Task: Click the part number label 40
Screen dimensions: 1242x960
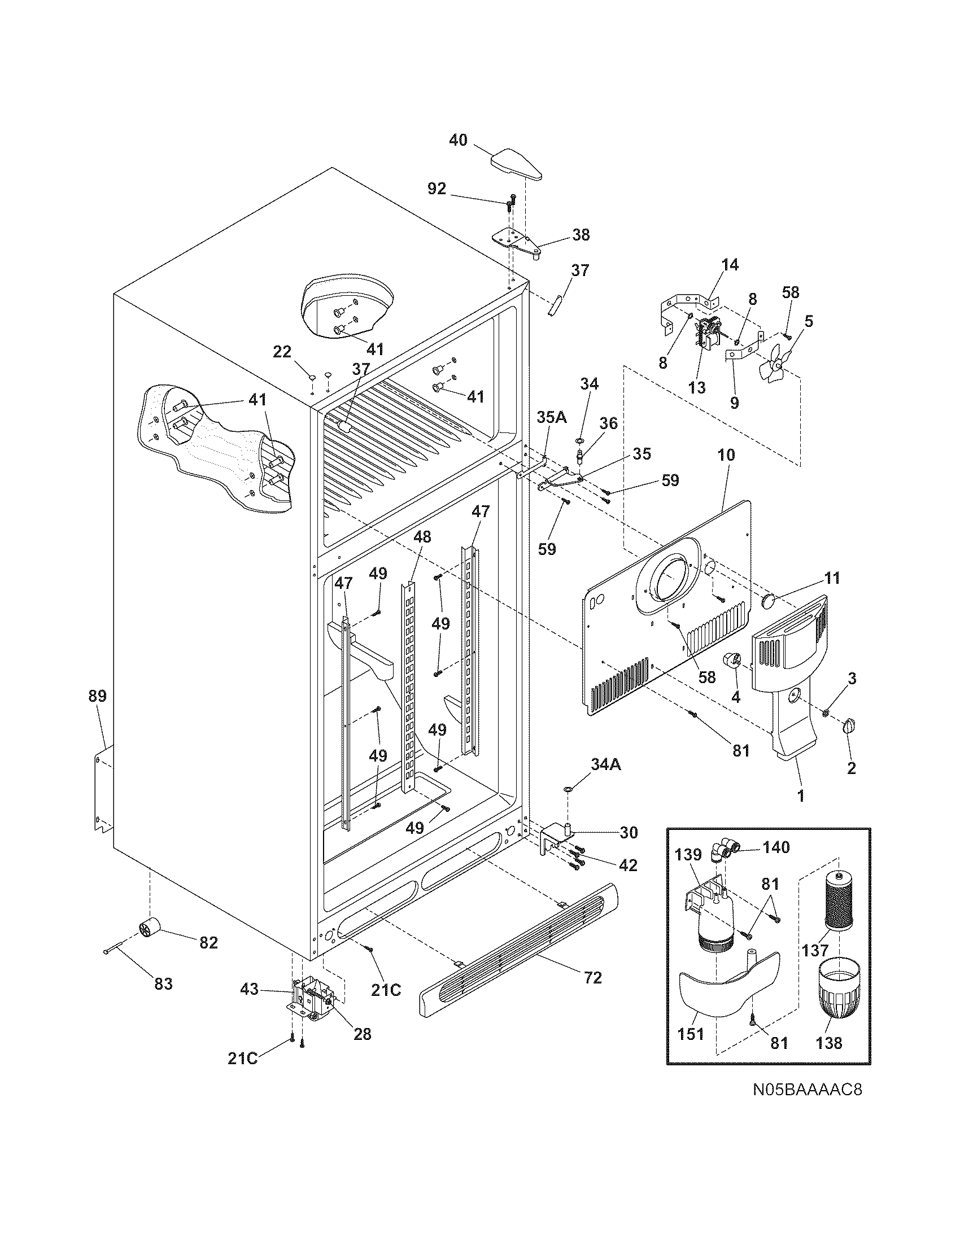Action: click(458, 139)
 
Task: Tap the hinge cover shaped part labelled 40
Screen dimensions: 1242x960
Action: click(515, 165)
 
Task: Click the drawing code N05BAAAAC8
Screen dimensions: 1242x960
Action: click(808, 1105)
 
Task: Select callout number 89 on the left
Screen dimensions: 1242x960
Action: click(97, 696)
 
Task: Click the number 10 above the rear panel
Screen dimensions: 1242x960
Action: click(726, 455)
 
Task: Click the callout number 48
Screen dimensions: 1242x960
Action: click(422, 537)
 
